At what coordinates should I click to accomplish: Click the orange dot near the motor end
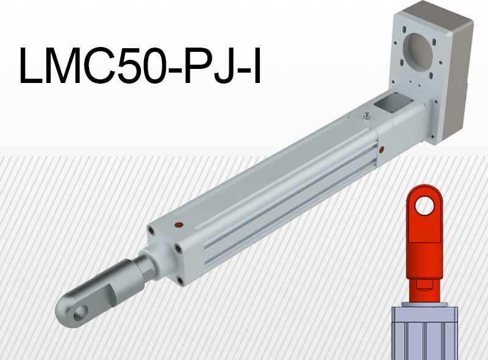coord(382,148)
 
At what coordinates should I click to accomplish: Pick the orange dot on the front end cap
coord(179,225)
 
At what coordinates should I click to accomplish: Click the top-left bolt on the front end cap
coord(150,230)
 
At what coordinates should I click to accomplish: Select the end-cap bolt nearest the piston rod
coord(176,248)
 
